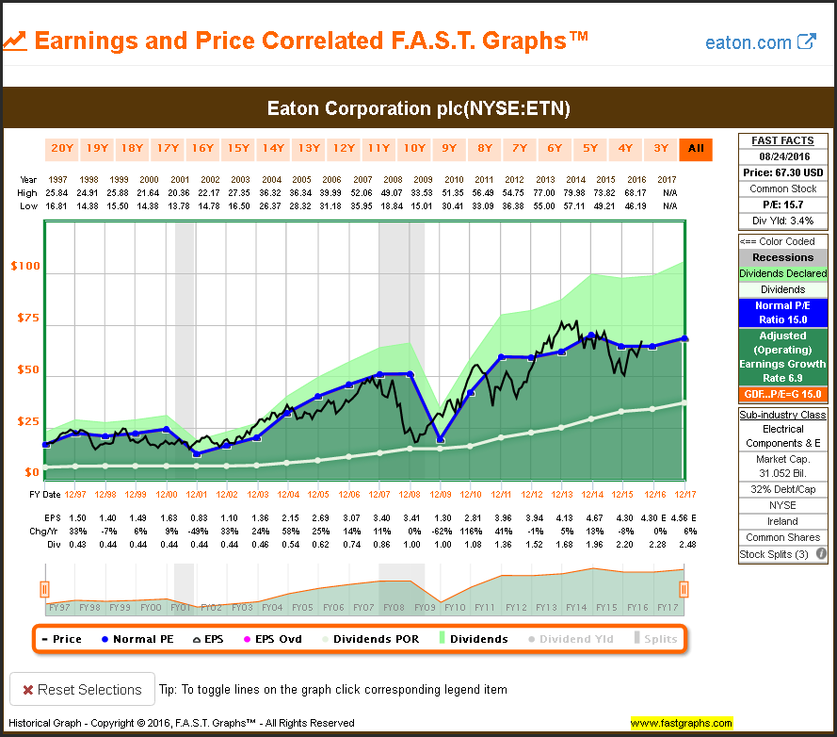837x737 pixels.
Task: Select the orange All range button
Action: pyautogui.click(x=697, y=148)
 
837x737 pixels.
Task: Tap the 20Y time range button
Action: pyautogui.click(x=62, y=148)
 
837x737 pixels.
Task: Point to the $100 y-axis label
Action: pyautogui.click(x=25, y=267)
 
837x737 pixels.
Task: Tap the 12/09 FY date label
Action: pyautogui.click(x=440, y=494)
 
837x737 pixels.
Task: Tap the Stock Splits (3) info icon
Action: pyautogui.click(x=821, y=554)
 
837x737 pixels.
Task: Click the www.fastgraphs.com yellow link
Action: pyautogui.click(x=682, y=724)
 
